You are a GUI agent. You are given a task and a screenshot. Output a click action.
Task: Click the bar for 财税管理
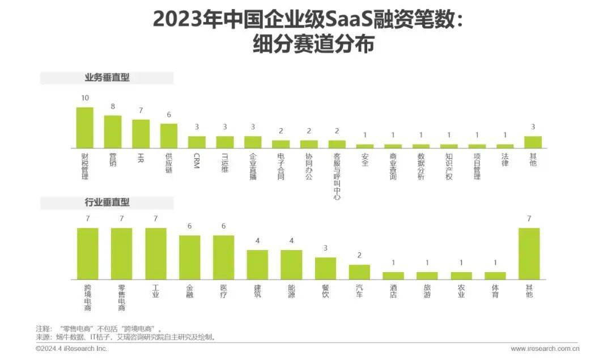click(x=84, y=128)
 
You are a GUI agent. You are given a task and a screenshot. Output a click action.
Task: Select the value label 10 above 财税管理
click(x=85, y=98)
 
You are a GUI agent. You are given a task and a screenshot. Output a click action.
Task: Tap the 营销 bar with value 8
click(x=113, y=132)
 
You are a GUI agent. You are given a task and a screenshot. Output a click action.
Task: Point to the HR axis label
click(x=141, y=157)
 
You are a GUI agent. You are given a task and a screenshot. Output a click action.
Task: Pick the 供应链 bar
click(x=168, y=135)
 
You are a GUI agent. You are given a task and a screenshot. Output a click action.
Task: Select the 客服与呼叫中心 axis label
click(x=337, y=176)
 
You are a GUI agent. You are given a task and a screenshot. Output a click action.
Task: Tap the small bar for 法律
click(x=505, y=146)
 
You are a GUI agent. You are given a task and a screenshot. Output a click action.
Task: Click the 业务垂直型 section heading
click(x=107, y=78)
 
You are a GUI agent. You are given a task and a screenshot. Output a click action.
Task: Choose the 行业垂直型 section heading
click(x=107, y=202)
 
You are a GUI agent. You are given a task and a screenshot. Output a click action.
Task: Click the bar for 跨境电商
click(x=88, y=253)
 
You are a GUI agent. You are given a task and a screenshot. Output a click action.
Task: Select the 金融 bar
click(x=190, y=257)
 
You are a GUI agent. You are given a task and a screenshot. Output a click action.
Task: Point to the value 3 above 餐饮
click(x=325, y=248)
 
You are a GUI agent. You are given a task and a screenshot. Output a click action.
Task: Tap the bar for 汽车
click(x=359, y=272)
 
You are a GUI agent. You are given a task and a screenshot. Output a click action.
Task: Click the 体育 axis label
click(x=495, y=291)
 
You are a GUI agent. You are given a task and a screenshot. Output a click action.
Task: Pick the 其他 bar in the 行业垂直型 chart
click(x=529, y=253)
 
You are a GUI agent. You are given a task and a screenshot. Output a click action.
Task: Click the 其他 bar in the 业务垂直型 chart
click(x=533, y=142)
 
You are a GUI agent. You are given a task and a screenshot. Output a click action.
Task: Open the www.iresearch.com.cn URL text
click(x=545, y=349)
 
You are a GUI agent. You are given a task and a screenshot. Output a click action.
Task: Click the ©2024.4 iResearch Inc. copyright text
click(x=71, y=349)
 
